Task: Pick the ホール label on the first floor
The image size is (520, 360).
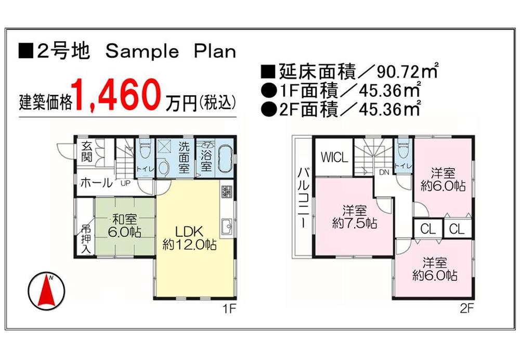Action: point(96,183)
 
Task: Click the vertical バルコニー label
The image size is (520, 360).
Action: point(302,199)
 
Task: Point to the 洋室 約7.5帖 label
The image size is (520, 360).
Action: point(355,217)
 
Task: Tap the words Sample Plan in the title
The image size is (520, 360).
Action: point(171,51)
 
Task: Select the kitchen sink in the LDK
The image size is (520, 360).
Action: point(227,227)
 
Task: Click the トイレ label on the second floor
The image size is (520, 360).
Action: point(402,166)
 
